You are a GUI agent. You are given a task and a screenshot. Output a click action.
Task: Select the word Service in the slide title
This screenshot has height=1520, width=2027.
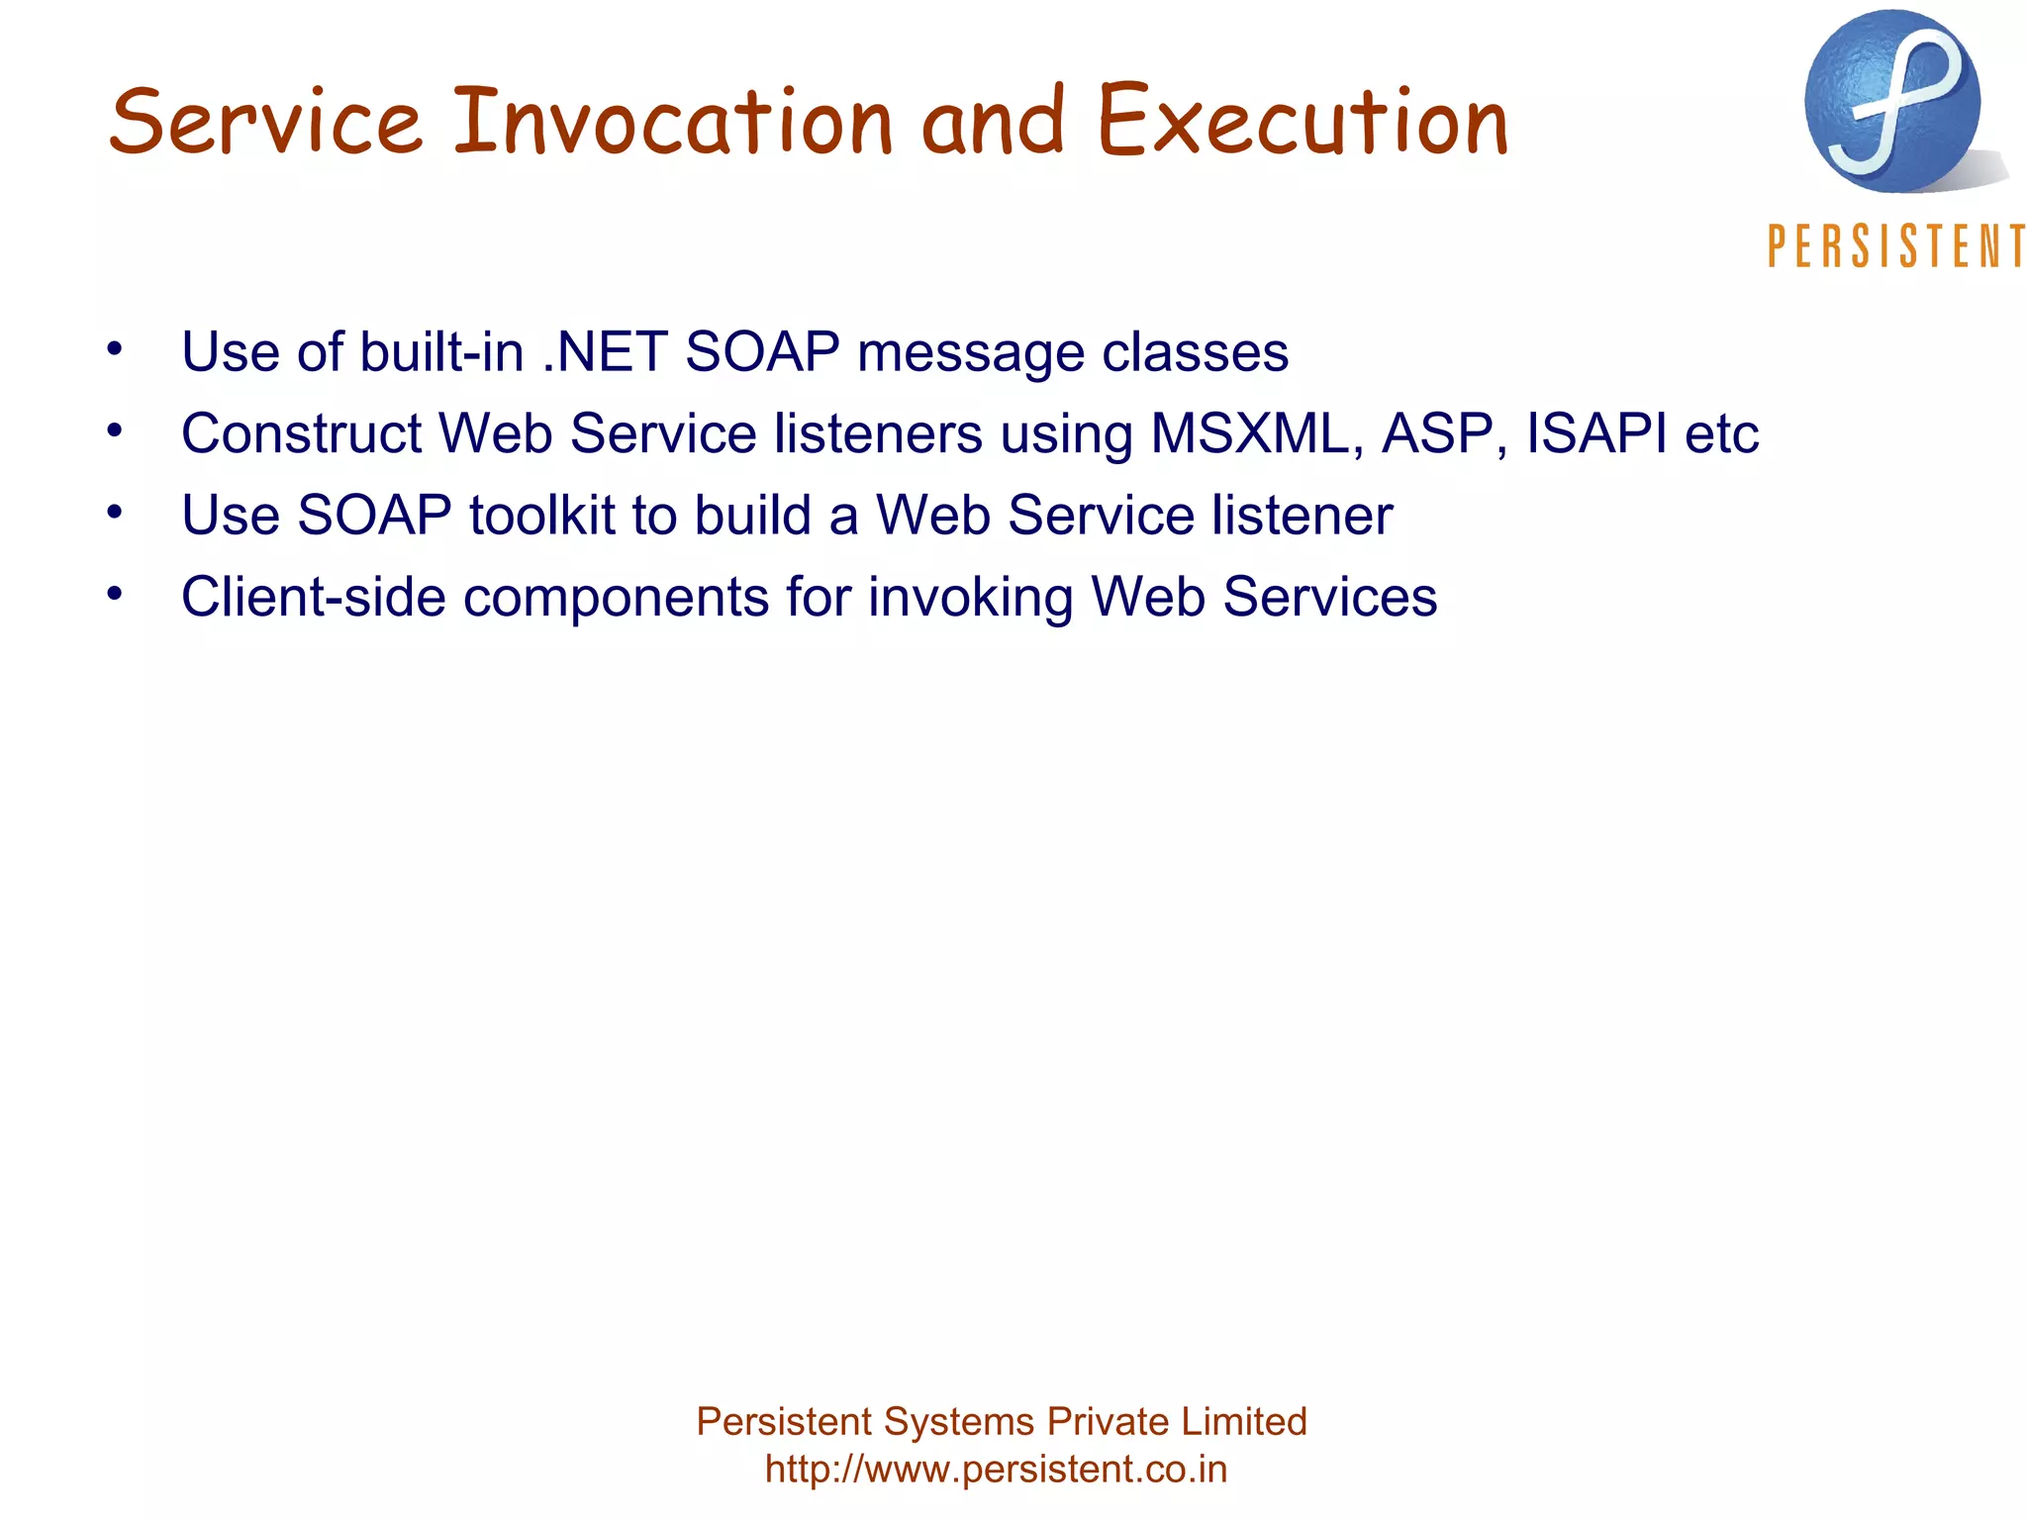(x=265, y=123)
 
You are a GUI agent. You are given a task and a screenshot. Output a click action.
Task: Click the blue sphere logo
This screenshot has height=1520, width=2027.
(x=1891, y=102)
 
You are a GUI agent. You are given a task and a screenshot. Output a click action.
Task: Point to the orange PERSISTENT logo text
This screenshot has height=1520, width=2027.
(x=1894, y=246)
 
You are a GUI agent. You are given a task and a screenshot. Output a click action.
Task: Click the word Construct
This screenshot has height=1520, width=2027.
(x=301, y=433)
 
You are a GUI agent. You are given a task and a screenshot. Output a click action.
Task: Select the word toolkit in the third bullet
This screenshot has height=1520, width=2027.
(x=541, y=516)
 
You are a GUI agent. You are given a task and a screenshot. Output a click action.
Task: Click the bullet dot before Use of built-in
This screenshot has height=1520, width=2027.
(x=115, y=348)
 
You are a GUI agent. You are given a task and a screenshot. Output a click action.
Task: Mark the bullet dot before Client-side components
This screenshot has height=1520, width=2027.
(x=115, y=594)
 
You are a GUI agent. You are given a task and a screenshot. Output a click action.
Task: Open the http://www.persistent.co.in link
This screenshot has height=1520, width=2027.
(x=996, y=1469)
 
